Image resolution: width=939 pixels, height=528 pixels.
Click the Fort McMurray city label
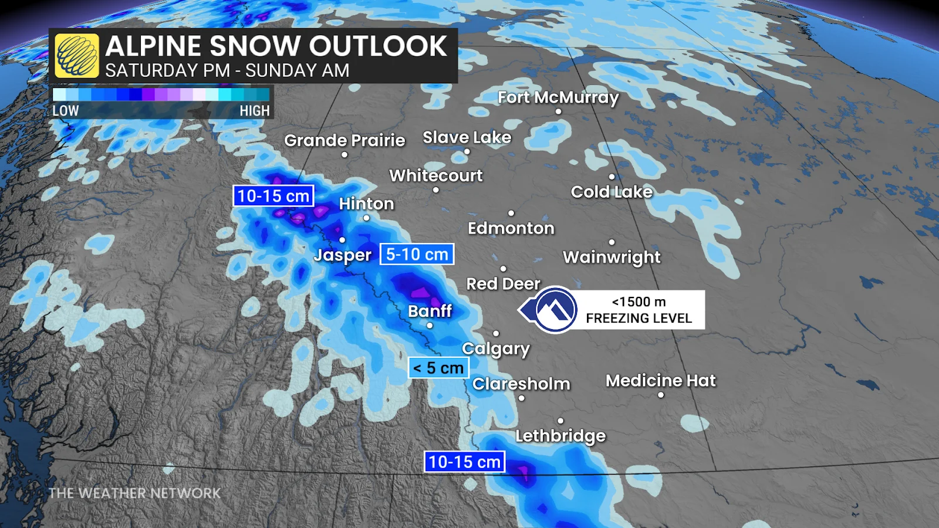pos(558,97)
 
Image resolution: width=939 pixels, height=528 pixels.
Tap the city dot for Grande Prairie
pos(344,155)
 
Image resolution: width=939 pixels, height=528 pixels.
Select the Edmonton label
pos(511,228)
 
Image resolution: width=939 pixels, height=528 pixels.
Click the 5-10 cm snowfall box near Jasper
pos(417,254)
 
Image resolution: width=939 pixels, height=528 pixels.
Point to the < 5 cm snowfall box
pos(438,368)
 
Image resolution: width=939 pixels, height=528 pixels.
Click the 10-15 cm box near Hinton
pos(273,196)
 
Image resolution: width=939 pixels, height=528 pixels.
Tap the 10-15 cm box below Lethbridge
pos(464,462)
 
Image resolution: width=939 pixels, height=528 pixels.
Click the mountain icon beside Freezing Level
pos(555,310)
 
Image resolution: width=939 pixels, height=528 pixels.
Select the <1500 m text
pos(639,302)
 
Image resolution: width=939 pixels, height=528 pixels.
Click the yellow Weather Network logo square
pos(77,56)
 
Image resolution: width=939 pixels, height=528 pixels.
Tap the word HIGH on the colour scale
pos(254,111)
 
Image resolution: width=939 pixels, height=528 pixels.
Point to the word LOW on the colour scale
pos(65,111)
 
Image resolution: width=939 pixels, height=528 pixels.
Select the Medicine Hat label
pos(660,381)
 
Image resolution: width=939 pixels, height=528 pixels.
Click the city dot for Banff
pos(430,326)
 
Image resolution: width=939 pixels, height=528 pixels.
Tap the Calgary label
pos(495,348)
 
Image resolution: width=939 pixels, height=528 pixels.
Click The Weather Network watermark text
pos(134,493)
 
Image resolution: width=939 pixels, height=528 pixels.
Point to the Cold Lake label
pos(612,192)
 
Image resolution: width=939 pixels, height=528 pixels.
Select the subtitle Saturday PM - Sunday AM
pos(227,70)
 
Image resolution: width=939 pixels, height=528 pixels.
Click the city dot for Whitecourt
pos(435,190)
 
